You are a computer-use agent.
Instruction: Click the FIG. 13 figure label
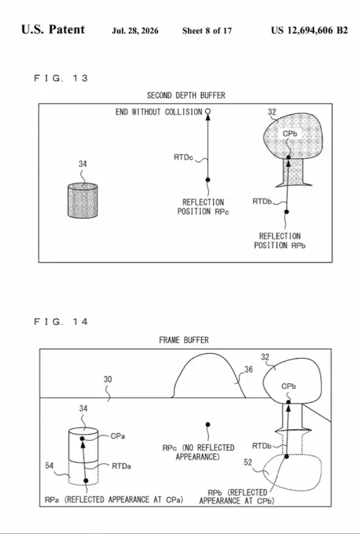[x=61, y=78]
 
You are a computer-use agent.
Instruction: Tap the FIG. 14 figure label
[x=61, y=321]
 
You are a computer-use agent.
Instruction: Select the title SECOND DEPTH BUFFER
[x=186, y=95]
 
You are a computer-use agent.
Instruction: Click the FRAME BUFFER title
[x=184, y=340]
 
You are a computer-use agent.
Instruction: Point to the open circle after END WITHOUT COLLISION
[x=208, y=111]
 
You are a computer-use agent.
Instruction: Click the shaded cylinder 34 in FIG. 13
[x=83, y=200]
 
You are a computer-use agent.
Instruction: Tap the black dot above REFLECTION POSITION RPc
[x=208, y=179]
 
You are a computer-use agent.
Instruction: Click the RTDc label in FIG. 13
[x=184, y=157]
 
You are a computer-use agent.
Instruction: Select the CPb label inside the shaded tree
[x=290, y=134]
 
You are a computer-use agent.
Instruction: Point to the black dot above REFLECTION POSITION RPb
[x=287, y=211]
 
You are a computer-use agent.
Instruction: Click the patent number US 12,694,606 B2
[x=310, y=30]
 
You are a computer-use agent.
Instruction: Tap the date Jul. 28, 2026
[x=135, y=31]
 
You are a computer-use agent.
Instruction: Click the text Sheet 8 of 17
[x=207, y=31]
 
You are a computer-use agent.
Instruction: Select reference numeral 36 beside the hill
[x=248, y=370]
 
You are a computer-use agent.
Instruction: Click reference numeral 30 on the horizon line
[x=107, y=379]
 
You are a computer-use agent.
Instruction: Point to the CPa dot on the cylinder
[x=82, y=439]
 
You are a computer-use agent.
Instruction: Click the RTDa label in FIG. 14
[x=122, y=466]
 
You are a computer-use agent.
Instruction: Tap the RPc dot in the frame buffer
[x=208, y=424]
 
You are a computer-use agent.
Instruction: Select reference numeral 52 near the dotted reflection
[x=248, y=462]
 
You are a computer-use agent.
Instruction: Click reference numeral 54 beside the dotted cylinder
[x=50, y=466]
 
